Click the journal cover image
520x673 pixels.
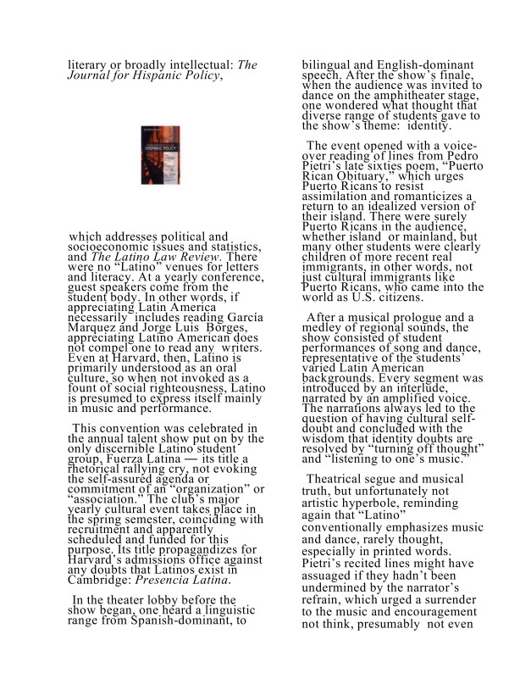[160, 155]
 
